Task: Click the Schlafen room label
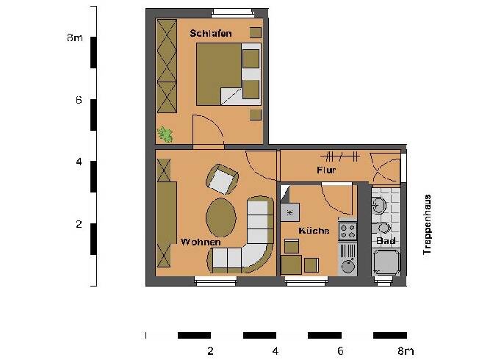210,33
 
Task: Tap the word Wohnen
201,242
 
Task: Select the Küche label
313,231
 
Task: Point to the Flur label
326,170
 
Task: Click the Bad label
386,241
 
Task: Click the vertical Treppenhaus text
428,225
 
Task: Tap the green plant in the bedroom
166,134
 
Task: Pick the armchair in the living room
222,179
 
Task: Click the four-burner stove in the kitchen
347,231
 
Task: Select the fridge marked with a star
290,212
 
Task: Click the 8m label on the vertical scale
74,38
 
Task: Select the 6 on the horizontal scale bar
339,350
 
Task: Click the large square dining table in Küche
292,264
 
